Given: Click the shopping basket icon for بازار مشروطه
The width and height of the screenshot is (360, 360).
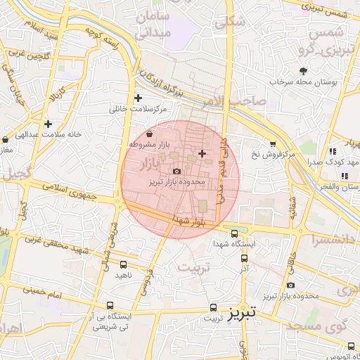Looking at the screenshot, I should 149,134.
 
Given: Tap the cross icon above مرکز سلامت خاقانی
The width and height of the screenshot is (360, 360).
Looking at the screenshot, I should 138,98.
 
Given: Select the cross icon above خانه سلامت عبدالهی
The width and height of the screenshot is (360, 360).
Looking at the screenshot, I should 47,124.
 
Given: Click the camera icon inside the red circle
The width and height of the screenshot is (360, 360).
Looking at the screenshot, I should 176,171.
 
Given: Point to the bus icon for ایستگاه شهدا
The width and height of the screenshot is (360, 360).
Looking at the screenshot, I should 234,234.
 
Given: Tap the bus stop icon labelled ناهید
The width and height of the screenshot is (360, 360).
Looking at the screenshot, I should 124,265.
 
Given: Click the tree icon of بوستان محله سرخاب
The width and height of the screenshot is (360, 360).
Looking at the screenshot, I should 303,71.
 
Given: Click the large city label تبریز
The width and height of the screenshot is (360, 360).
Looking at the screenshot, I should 243,311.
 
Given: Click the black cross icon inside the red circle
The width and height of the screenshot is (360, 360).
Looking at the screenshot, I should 202,153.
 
